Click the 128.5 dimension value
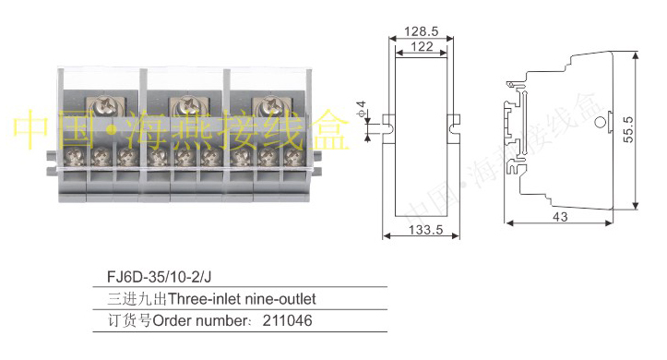click(x=421, y=31)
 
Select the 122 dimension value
click(x=422, y=46)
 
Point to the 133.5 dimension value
click(x=426, y=230)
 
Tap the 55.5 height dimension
click(x=628, y=130)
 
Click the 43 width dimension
click(x=560, y=217)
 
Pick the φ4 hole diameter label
click(x=361, y=109)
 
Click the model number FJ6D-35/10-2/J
click(x=159, y=277)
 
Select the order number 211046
click(x=287, y=320)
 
